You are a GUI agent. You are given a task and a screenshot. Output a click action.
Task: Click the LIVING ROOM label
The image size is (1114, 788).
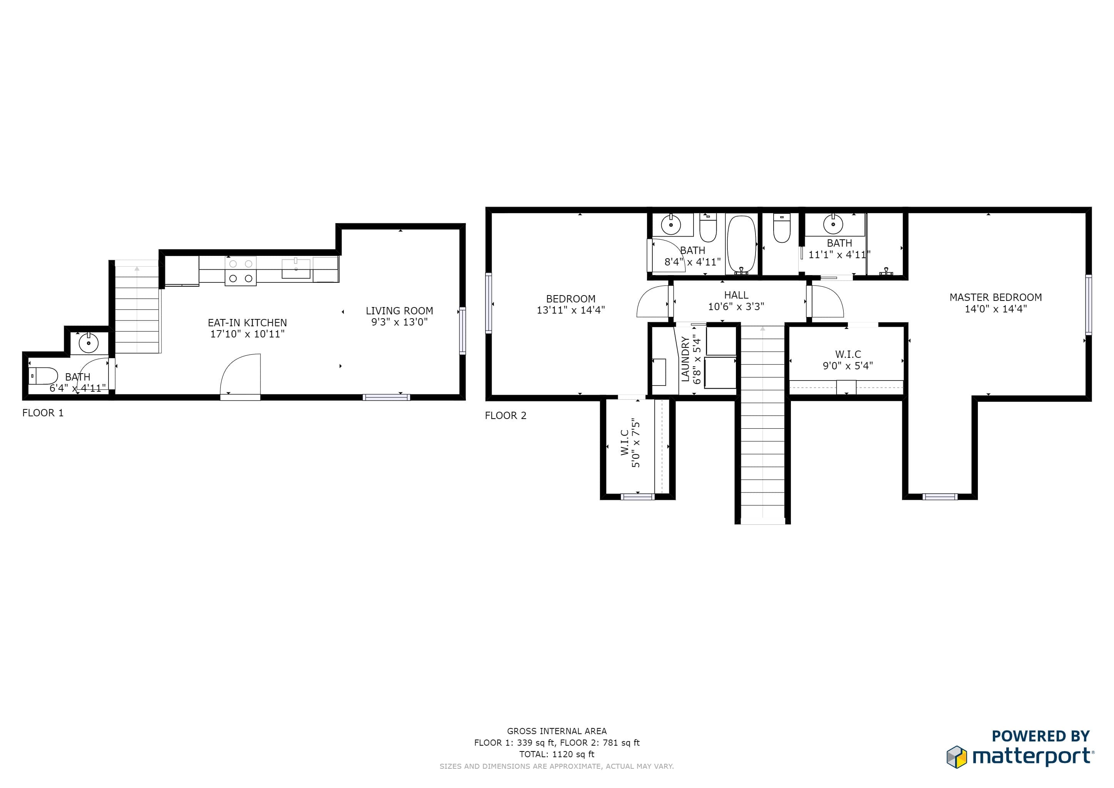click(x=399, y=311)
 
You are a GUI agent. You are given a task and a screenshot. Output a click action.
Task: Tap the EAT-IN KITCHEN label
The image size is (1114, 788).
click(x=247, y=323)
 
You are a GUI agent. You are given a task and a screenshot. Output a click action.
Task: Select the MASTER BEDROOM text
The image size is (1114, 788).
click(x=996, y=297)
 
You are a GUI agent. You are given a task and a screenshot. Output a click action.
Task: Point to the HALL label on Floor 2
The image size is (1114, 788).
click(x=736, y=295)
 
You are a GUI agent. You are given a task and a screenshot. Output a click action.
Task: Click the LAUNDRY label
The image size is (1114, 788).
click(x=685, y=359)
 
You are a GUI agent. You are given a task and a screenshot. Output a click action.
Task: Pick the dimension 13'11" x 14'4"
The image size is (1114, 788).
click(x=570, y=310)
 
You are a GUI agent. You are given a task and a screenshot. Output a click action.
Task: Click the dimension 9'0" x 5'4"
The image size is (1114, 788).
click(x=848, y=366)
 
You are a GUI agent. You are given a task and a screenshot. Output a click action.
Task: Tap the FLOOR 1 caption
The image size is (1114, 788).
click(x=43, y=413)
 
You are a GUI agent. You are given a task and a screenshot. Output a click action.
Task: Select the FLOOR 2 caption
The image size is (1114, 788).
click(x=505, y=415)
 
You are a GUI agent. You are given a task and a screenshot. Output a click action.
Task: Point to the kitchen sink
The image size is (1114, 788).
click(x=296, y=268)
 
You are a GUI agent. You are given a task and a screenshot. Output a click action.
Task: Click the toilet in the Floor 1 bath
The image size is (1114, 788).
click(x=43, y=376)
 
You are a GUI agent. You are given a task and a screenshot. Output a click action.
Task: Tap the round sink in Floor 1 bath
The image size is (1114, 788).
click(x=89, y=344)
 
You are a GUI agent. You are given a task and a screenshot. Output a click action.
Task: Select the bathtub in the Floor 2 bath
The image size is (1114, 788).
click(x=741, y=245)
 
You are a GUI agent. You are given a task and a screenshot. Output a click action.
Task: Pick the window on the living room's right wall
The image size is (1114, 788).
click(x=462, y=331)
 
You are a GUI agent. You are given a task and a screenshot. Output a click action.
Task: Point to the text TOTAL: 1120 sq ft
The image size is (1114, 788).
click(x=557, y=755)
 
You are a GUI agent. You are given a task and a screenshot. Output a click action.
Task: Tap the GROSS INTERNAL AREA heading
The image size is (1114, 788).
click(x=557, y=731)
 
